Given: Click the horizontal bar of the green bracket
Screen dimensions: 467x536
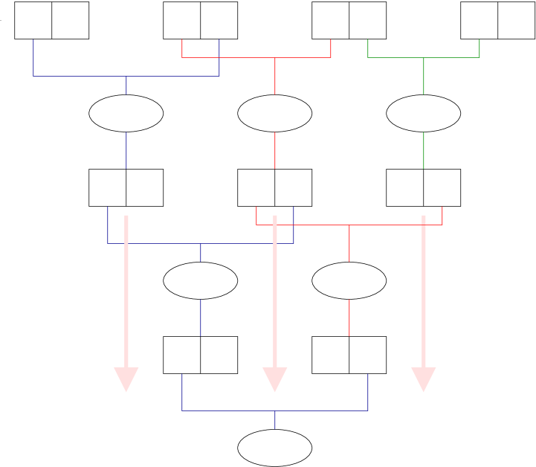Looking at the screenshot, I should (x=394, y=57).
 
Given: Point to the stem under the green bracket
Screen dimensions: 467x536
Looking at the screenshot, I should (x=424, y=77).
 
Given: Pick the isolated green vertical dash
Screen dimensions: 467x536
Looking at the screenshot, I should (x=424, y=150).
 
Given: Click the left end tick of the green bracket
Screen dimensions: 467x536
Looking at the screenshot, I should (x=368, y=48).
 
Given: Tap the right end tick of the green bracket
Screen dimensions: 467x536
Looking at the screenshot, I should (x=480, y=48).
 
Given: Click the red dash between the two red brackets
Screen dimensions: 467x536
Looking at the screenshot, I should (x=275, y=150).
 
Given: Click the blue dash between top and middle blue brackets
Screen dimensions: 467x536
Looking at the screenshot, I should (x=126, y=150).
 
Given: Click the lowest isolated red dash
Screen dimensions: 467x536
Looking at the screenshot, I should (x=349, y=318).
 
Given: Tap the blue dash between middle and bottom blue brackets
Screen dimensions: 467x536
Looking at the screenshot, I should (x=201, y=318).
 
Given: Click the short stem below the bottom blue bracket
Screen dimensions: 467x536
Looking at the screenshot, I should (x=275, y=420).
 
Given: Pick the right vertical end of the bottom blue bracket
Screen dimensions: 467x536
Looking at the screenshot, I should (x=368, y=392).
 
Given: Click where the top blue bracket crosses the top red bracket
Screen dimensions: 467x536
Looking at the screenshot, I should (x=219, y=57).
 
